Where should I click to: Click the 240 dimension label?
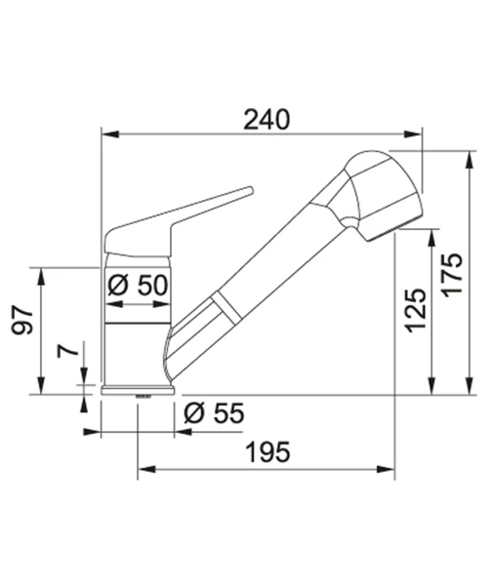tap(266, 120)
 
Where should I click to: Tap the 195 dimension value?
tap(267, 451)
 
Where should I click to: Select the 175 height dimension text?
tap(452, 275)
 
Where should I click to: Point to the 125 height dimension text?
tap(416, 310)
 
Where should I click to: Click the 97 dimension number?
tap(22, 322)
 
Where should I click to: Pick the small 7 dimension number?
tap(67, 351)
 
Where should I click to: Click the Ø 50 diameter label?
tap(138, 286)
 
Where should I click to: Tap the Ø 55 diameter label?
tap(215, 413)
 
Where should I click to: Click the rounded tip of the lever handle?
tap(249, 191)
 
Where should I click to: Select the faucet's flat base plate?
tap(138, 390)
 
